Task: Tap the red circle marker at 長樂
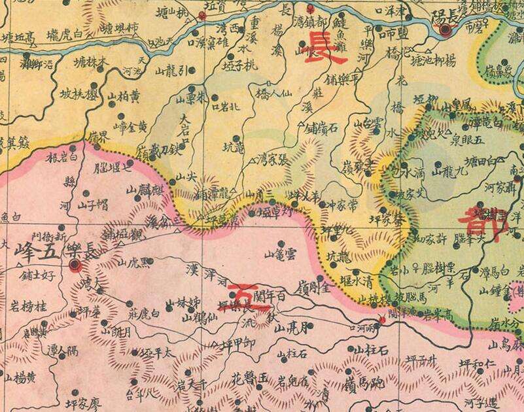tap(75, 265)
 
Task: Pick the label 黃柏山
tap(124, 98)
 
